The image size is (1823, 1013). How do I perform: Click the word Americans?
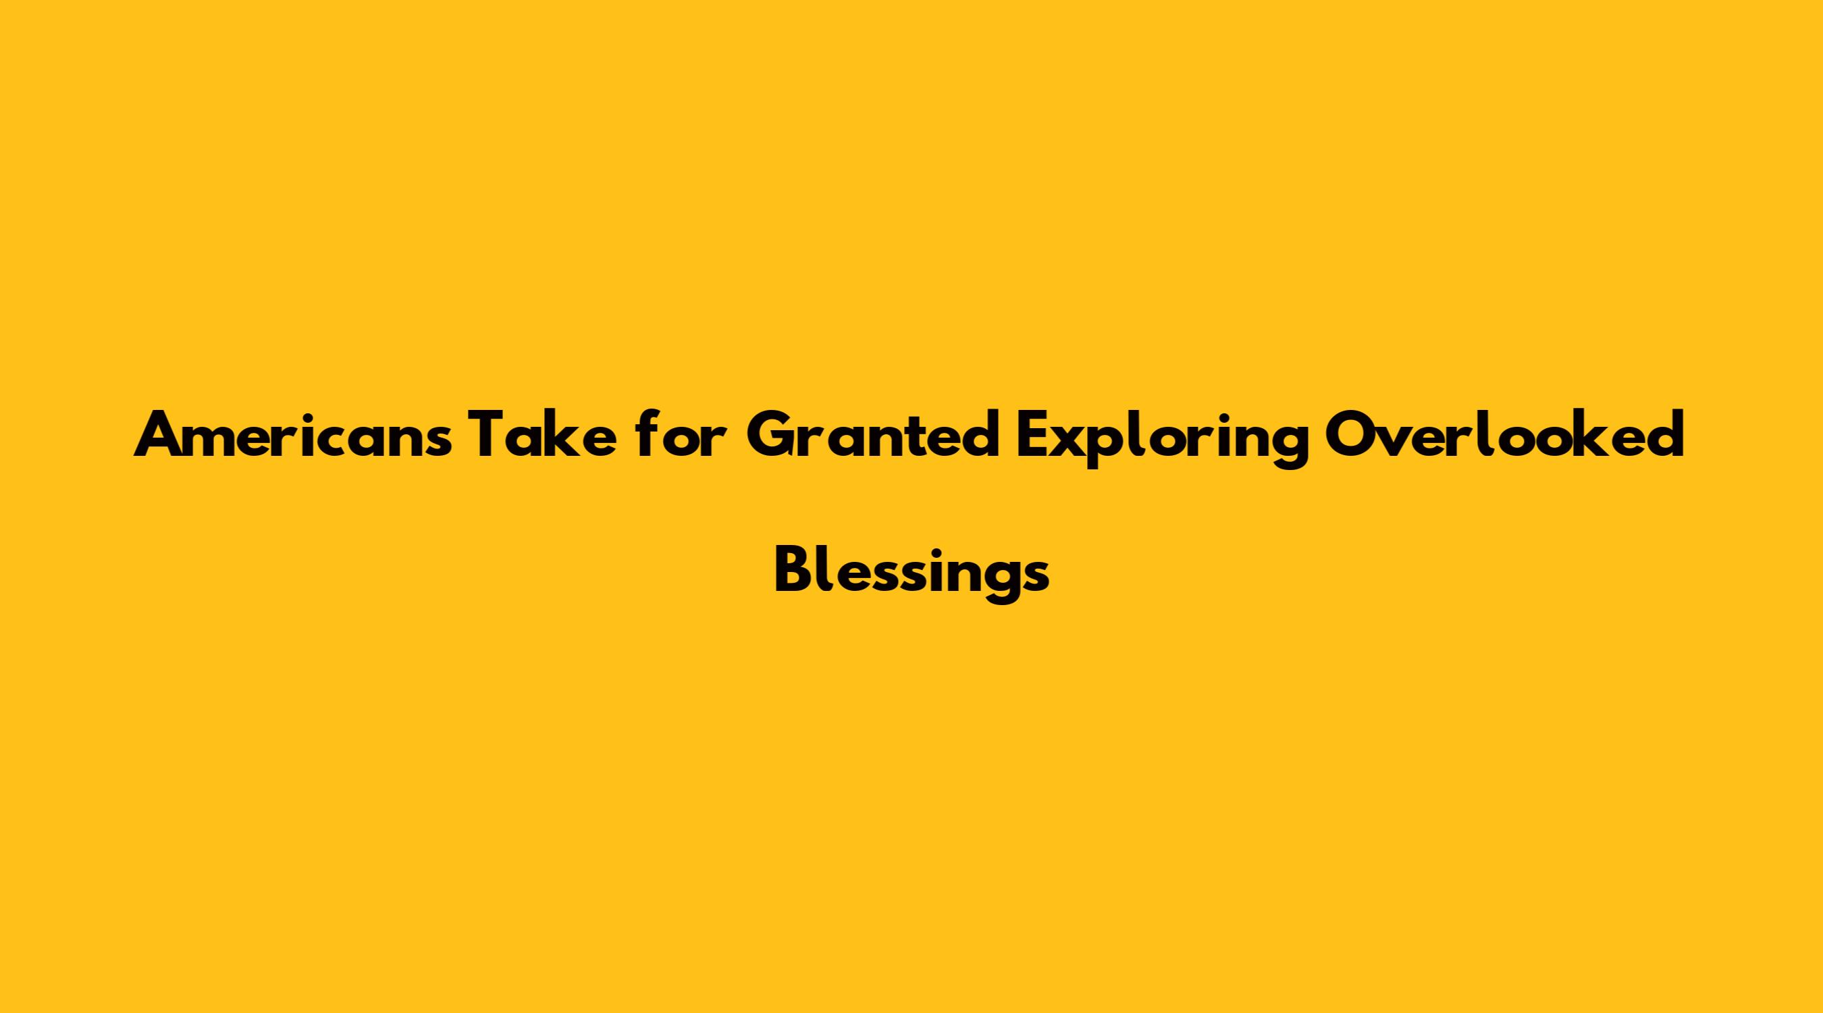tap(292, 434)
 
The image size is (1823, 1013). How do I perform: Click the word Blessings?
tap(911, 571)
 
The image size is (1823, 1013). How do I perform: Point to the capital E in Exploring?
tap(1032, 434)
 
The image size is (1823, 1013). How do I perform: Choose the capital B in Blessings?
tap(792, 571)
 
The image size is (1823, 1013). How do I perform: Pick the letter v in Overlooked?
tap(1392, 441)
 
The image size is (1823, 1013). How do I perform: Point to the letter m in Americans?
tap(208, 441)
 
